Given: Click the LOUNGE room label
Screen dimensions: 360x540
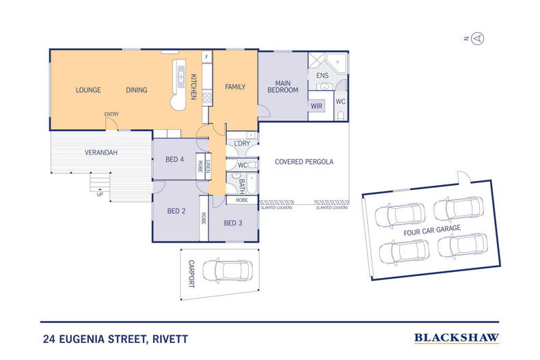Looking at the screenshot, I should click(88, 90).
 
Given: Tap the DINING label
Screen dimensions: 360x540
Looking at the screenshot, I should click(137, 90).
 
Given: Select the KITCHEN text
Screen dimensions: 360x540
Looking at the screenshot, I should click(193, 87).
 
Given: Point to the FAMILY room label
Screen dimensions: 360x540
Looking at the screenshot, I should click(235, 87).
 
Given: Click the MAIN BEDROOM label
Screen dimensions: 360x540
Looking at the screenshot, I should click(282, 86).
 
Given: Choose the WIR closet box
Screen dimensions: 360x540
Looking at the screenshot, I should click(316, 107).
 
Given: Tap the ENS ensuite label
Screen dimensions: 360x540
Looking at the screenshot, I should click(323, 75).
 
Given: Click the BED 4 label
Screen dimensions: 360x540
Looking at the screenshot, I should click(175, 160).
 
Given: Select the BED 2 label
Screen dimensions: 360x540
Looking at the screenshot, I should click(176, 211).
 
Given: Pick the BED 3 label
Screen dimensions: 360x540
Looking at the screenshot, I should click(233, 223).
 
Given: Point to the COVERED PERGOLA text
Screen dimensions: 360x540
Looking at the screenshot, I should click(303, 163).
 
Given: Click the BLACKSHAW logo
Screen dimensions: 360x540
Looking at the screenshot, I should click(457, 337).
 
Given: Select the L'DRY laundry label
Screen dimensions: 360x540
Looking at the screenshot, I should click(241, 142).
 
